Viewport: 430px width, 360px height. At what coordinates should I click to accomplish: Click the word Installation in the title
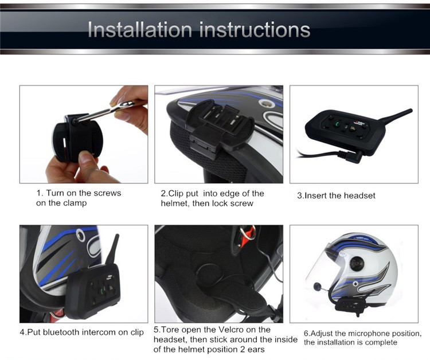click(140, 30)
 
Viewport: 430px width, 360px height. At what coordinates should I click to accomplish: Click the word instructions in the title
click(255, 30)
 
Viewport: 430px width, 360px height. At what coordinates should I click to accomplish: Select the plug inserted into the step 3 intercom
click(351, 156)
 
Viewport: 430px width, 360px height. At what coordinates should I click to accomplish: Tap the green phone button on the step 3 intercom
click(336, 125)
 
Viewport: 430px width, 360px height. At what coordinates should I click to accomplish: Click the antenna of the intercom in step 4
click(114, 251)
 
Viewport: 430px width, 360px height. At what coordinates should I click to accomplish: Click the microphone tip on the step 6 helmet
click(318, 286)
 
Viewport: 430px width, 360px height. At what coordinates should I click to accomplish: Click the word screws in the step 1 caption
click(107, 193)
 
